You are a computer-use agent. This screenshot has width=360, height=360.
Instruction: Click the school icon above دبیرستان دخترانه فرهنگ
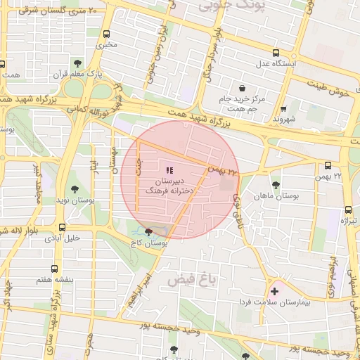(x=168, y=170)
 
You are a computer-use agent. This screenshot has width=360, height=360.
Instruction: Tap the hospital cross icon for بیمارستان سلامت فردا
(x=274, y=290)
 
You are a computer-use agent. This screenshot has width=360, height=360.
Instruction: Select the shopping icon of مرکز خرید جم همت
(x=242, y=89)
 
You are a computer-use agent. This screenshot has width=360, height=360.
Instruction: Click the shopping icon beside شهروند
(x=283, y=110)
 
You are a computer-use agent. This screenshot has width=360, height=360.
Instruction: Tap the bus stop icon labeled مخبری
(x=107, y=34)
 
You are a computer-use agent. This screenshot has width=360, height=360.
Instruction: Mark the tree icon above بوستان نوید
(x=75, y=189)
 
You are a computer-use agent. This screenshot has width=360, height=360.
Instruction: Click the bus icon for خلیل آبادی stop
(x=63, y=227)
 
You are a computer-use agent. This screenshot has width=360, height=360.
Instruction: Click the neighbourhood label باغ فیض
(x=189, y=280)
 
